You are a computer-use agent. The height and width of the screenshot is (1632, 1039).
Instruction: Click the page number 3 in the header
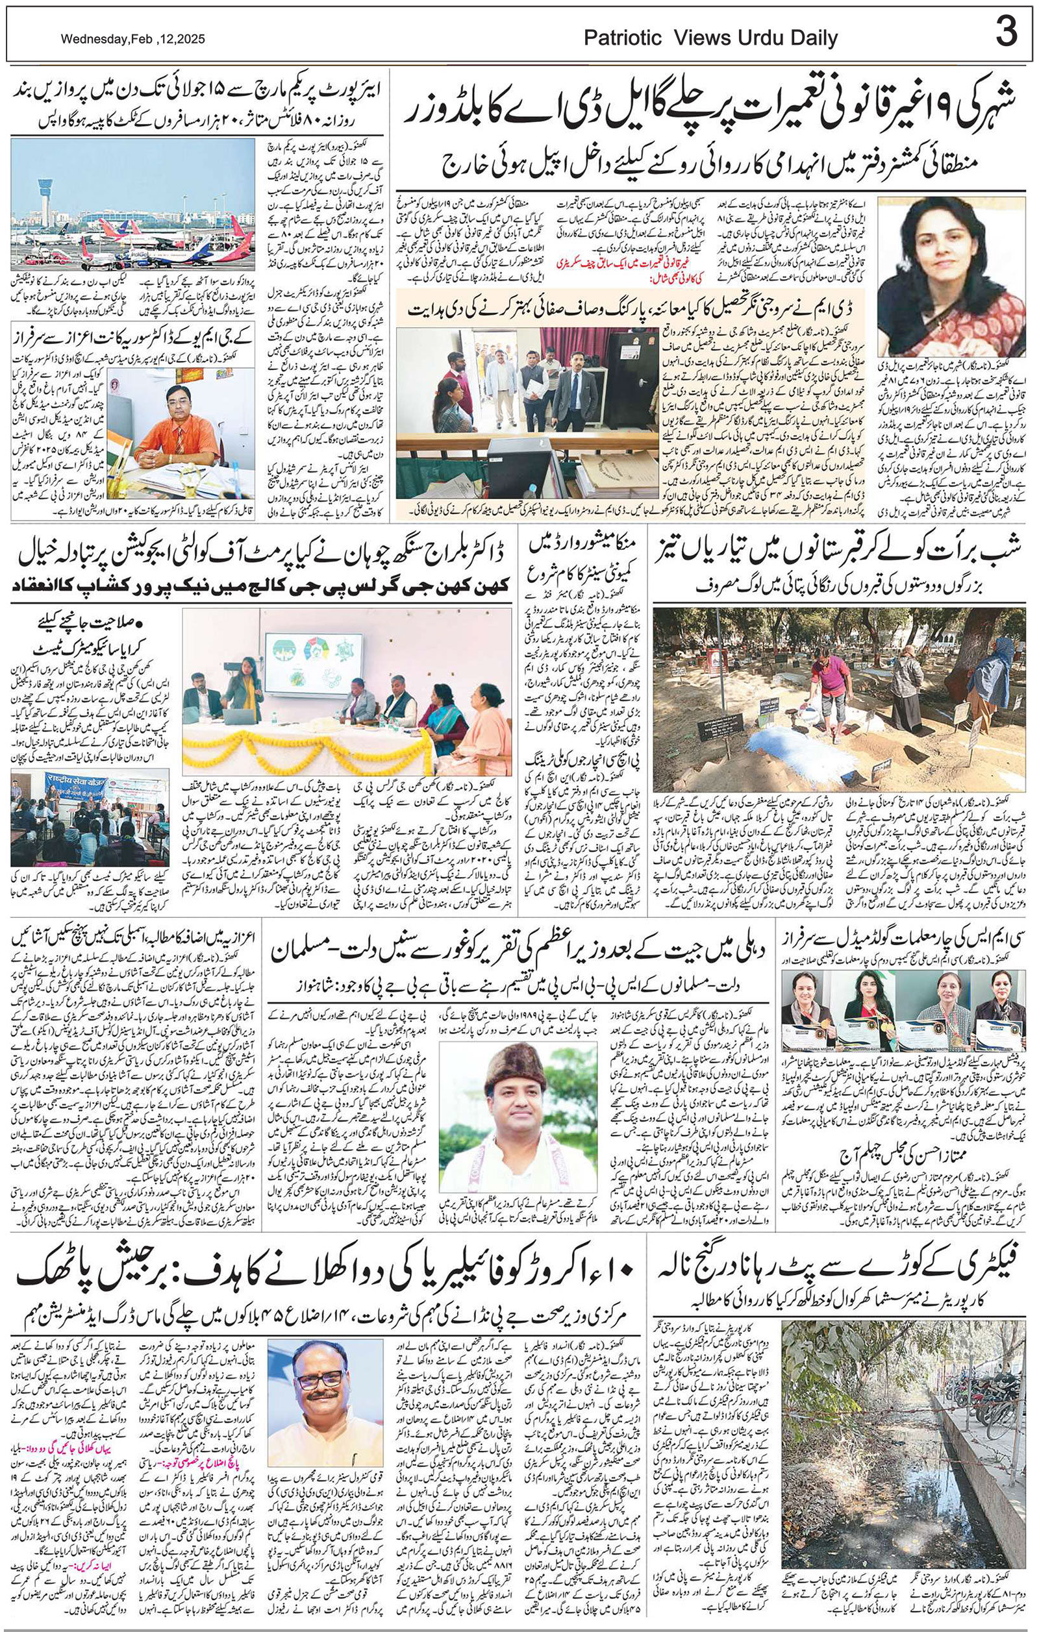(x=1007, y=33)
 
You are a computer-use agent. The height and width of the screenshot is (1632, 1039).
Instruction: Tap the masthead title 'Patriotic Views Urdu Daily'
(x=711, y=39)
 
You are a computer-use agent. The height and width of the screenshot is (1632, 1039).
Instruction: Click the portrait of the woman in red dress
(x=938, y=276)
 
